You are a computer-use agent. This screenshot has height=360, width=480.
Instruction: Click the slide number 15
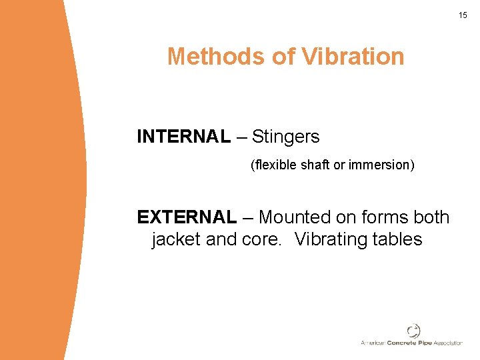463,15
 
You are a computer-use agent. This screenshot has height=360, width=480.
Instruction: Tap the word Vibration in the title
353,57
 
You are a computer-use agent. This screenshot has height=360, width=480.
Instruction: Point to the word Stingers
285,137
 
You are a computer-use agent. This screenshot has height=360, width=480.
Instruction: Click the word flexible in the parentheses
274,164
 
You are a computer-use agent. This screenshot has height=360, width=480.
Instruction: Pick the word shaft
315,164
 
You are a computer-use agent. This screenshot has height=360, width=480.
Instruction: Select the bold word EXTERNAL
187,217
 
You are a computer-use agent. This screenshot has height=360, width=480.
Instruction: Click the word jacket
176,239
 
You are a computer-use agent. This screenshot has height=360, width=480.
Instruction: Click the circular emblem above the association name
413,331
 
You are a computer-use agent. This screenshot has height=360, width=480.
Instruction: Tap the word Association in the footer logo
448,343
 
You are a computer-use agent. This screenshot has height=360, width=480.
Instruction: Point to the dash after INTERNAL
241,137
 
